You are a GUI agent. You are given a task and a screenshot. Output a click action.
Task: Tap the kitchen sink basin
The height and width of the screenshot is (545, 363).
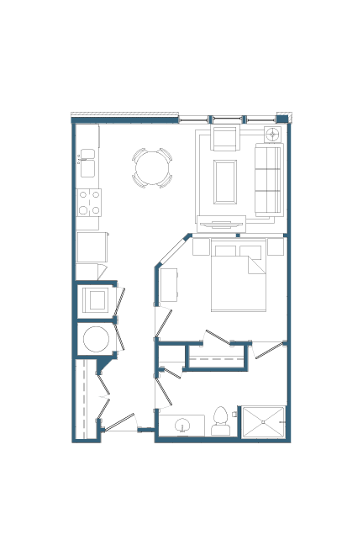point(87,156)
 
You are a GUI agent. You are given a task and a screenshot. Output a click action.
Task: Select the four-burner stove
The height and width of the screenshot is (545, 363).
point(89,202)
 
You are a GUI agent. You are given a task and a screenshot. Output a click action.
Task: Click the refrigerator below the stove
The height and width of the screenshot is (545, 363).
point(92,246)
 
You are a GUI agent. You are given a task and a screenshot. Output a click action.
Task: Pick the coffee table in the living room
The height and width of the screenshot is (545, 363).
point(225,182)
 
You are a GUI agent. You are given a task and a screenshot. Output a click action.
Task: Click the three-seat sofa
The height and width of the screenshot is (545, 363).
point(269,179)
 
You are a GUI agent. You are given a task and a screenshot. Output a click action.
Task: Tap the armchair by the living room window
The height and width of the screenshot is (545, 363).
point(225,137)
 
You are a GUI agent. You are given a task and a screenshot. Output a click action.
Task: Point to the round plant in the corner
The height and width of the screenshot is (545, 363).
point(273,134)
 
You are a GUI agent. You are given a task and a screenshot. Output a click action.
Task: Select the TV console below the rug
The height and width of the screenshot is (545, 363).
point(221,225)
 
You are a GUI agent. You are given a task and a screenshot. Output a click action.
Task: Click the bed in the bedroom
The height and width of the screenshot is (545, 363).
point(238,278)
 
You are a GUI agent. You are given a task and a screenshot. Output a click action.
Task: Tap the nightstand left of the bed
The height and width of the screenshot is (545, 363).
point(201,246)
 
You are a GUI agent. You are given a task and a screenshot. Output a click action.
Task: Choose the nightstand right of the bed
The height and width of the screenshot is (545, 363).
point(276,246)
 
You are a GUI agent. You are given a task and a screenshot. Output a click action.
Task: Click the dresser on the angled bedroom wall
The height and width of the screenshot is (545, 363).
point(169,284)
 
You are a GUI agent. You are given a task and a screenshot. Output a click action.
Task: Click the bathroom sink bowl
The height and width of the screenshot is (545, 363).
point(182,426)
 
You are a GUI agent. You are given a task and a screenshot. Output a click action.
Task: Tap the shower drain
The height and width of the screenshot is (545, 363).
point(264,422)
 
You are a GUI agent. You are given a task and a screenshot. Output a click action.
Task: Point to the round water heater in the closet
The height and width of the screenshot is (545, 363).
point(96,339)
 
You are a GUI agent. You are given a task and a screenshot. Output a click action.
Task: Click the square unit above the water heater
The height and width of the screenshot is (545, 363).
point(97,299)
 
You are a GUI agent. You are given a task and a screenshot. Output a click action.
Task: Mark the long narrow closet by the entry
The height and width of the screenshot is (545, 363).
point(86,399)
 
